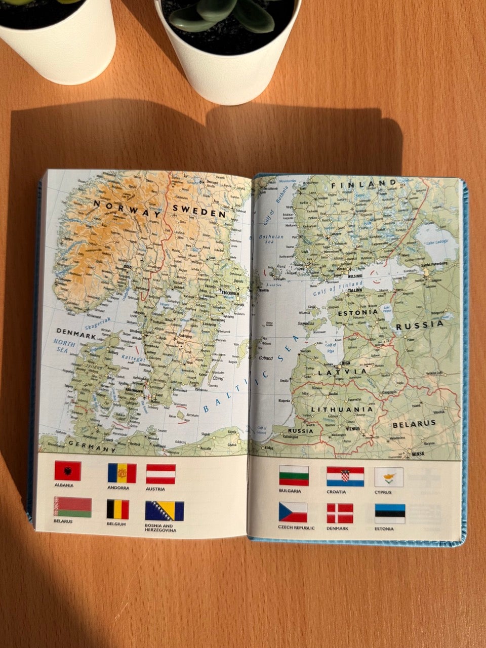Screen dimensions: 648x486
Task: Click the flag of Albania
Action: coord(68,471)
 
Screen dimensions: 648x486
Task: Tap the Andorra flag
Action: coord(122,473)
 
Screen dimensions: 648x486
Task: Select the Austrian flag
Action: coord(161,474)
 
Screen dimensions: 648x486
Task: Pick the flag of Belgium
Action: coord(117,509)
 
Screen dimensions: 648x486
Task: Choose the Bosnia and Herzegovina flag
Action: coord(165,511)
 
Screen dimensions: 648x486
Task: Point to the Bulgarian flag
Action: coord(294,476)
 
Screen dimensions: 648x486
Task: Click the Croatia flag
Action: coord(345,476)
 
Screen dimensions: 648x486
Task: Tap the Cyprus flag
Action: coord(389,477)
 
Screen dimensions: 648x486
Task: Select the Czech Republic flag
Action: coord(293,512)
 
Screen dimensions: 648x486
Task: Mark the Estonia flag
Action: coord(390,513)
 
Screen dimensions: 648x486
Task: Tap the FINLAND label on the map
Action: coord(364,184)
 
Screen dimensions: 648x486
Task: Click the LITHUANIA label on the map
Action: coord(342,409)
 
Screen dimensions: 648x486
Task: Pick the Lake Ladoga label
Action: coord(436,242)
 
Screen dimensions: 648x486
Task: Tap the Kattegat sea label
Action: coord(133,359)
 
